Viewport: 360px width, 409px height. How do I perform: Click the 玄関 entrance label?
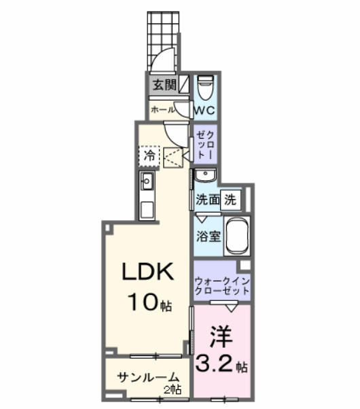163,86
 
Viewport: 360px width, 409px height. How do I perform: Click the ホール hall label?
162,109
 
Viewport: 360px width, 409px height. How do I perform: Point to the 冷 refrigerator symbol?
149,156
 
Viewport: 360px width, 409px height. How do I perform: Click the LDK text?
149,272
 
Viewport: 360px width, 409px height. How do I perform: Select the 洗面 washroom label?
207,200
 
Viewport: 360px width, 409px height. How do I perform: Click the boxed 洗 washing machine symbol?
231,200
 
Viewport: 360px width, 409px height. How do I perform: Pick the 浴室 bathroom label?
207,237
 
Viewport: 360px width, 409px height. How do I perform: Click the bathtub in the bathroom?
238,236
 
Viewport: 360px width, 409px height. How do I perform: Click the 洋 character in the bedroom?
220,336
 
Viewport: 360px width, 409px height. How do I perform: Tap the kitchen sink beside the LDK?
147,181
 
